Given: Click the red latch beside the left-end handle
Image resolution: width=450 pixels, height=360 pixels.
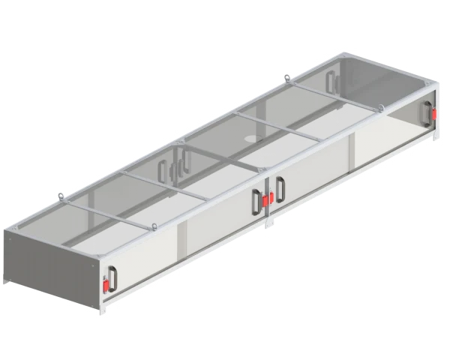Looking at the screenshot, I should [104, 286].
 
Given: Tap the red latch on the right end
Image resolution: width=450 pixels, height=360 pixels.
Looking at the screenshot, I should [433, 115].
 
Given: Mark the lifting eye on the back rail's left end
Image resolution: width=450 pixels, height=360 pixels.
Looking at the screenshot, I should [58, 197].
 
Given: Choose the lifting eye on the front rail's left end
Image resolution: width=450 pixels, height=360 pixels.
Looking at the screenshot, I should [154, 228].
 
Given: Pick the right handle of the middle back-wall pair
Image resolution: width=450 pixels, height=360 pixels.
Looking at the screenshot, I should [181, 163].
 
